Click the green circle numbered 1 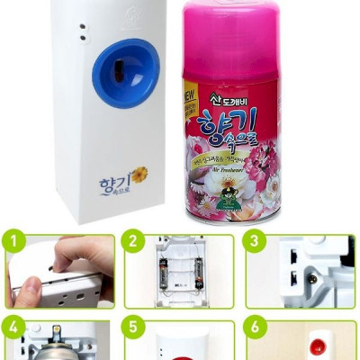(x=12, y=241)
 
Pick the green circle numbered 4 (x=12, y=326)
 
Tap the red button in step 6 (x=317, y=347)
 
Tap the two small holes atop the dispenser (x=83, y=31)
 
